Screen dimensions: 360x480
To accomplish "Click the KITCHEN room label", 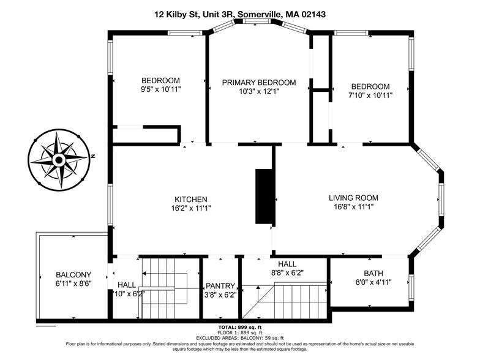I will point(191,200).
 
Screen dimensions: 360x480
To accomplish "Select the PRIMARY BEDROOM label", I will point(258,83).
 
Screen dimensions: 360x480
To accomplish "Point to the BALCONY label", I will point(73,275).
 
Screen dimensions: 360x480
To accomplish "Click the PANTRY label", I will point(220,285).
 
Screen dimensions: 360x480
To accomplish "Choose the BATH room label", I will point(369,273).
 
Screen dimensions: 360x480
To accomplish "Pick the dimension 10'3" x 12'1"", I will point(258,92).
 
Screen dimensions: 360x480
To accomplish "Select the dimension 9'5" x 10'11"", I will point(160,89).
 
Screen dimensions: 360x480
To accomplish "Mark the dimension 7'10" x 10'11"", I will point(370,95).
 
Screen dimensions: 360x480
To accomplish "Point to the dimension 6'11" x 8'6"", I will point(73,284).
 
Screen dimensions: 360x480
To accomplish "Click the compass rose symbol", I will point(59,160).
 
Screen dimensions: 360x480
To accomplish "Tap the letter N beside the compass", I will point(93,157).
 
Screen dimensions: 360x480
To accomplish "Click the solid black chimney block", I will point(265,197).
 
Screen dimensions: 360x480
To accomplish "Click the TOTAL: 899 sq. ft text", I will point(239,328).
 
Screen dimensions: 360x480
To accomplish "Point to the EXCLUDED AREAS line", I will point(239,337).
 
